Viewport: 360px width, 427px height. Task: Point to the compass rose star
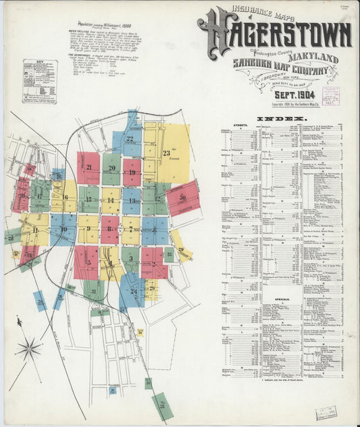29,349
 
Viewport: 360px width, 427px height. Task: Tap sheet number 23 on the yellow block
165,153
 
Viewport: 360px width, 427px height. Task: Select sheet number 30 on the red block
182,197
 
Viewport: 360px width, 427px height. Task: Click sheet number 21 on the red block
88,167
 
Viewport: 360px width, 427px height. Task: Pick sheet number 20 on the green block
111,168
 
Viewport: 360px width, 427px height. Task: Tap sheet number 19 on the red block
132,172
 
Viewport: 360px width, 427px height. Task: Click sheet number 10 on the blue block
63,229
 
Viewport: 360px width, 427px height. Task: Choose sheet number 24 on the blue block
134,292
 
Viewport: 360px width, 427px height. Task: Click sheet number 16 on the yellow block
66,197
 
